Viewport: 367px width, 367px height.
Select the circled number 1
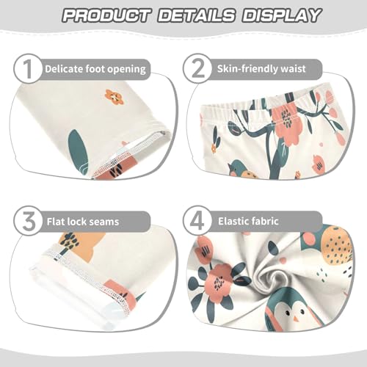[26, 70]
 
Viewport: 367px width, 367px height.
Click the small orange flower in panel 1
[114, 96]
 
